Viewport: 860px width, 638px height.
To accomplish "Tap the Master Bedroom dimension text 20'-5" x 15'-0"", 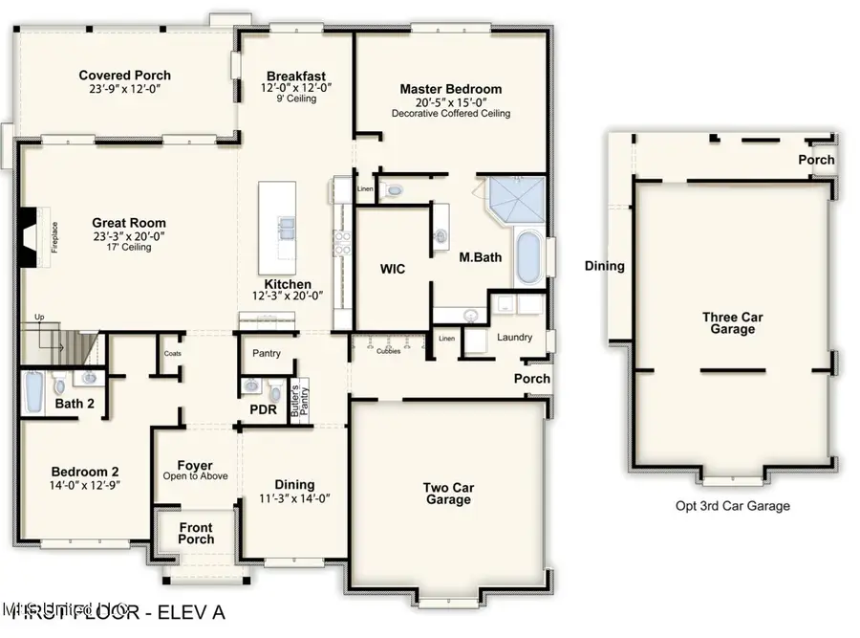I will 450,101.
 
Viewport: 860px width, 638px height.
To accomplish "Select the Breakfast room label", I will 296,77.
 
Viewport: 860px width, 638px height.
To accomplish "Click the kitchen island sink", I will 286,228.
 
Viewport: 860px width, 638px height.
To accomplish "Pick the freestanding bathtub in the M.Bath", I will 527,257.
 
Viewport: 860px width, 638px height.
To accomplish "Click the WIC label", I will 393,269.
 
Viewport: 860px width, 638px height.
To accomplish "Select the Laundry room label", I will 514,338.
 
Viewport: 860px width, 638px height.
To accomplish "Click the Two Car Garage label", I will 448,494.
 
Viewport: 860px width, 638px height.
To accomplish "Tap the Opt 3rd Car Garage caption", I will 732,506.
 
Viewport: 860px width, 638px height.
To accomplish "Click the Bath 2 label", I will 75,404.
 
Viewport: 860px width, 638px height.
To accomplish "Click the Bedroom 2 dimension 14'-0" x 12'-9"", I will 85,485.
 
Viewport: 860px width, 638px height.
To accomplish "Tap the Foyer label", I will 195,466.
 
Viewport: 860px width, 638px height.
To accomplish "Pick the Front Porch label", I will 195,534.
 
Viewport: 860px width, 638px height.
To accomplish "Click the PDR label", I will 262,410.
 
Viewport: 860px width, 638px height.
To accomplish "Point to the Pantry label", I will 267,353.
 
